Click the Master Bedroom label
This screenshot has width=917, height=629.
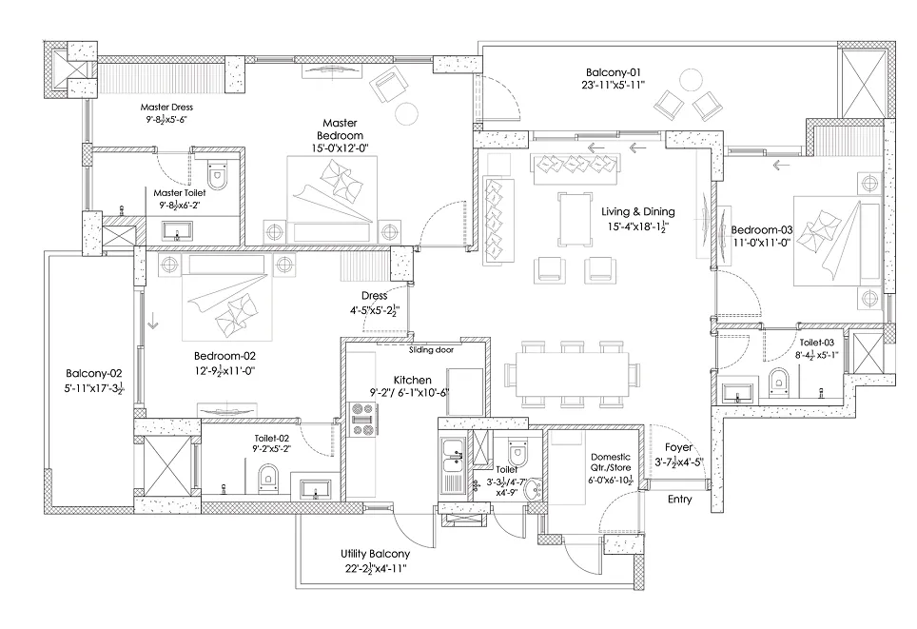[339, 130]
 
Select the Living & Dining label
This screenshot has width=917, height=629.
[638, 211]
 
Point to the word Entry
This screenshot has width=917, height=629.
[680, 500]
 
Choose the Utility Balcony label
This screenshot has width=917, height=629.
[375, 554]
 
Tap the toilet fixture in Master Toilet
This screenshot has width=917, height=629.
[216, 176]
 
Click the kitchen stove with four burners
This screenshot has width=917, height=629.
[363, 420]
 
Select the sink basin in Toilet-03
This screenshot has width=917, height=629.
[738, 390]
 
